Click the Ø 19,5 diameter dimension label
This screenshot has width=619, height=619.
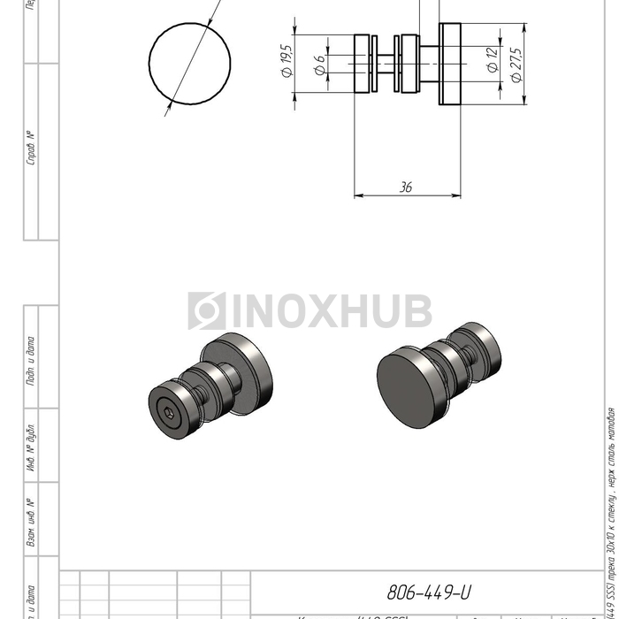pos(287,61)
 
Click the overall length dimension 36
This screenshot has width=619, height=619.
pos(407,187)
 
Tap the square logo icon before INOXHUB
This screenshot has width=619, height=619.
pos(206,311)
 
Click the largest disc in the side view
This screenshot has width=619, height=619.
pos(451,64)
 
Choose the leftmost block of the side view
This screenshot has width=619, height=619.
pos(363,64)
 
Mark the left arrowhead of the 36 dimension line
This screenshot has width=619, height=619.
pos(358,195)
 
